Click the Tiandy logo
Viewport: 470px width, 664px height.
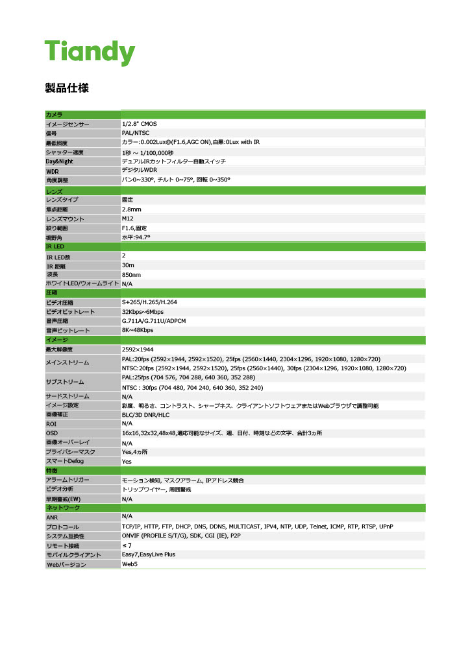[90, 52]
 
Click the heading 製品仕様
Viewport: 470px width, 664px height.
[67, 88]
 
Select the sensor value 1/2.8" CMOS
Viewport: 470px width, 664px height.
[139, 123]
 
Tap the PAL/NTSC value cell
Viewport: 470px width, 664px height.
[136, 132]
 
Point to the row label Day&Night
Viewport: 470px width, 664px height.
[59, 161]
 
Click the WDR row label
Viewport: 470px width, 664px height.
[53, 171]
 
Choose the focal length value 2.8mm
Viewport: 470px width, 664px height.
[132, 209]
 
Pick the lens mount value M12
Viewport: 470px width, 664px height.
[128, 219]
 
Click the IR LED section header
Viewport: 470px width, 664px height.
[55, 247]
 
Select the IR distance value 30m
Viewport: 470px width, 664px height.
[128, 265]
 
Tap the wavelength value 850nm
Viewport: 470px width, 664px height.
[131, 275]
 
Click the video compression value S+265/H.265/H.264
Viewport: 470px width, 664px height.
[149, 302]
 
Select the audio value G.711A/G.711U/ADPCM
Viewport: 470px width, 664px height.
[154, 321]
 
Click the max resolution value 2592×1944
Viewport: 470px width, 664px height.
[138, 350]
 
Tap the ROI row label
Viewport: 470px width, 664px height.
[51, 423]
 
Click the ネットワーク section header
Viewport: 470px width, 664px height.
[62, 507]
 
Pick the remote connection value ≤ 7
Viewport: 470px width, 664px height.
[127, 545]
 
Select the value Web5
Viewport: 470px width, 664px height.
[130, 564]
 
